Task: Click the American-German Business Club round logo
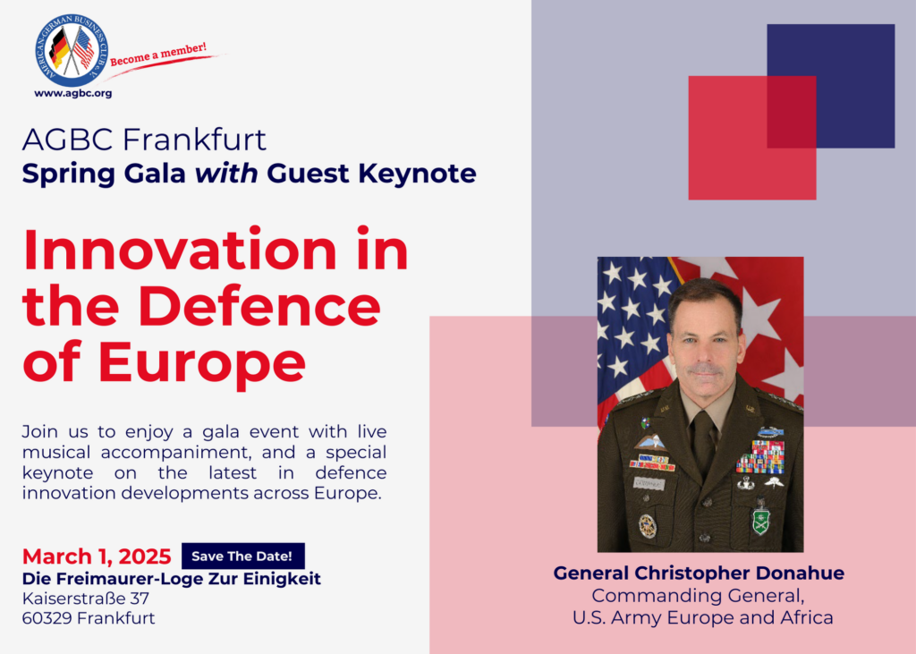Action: click(x=72, y=51)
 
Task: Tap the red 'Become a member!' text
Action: click(x=158, y=54)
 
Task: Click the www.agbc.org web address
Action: click(x=73, y=93)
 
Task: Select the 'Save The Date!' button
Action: click(x=242, y=556)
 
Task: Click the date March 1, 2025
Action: click(x=97, y=556)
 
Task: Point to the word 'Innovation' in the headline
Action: click(x=179, y=251)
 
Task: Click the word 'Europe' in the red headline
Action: click(x=201, y=362)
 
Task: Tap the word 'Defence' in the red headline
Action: click(x=259, y=306)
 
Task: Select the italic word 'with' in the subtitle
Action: click(x=226, y=174)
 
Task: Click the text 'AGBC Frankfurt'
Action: click(x=144, y=139)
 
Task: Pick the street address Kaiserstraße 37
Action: click(x=86, y=599)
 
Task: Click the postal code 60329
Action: click(x=47, y=617)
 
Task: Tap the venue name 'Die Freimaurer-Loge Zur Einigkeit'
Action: click(x=171, y=579)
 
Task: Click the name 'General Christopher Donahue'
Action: click(x=699, y=573)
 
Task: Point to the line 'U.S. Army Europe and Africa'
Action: click(x=703, y=617)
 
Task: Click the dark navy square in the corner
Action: click(x=831, y=86)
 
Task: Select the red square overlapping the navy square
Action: click(x=752, y=138)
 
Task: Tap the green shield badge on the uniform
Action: click(x=760, y=521)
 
